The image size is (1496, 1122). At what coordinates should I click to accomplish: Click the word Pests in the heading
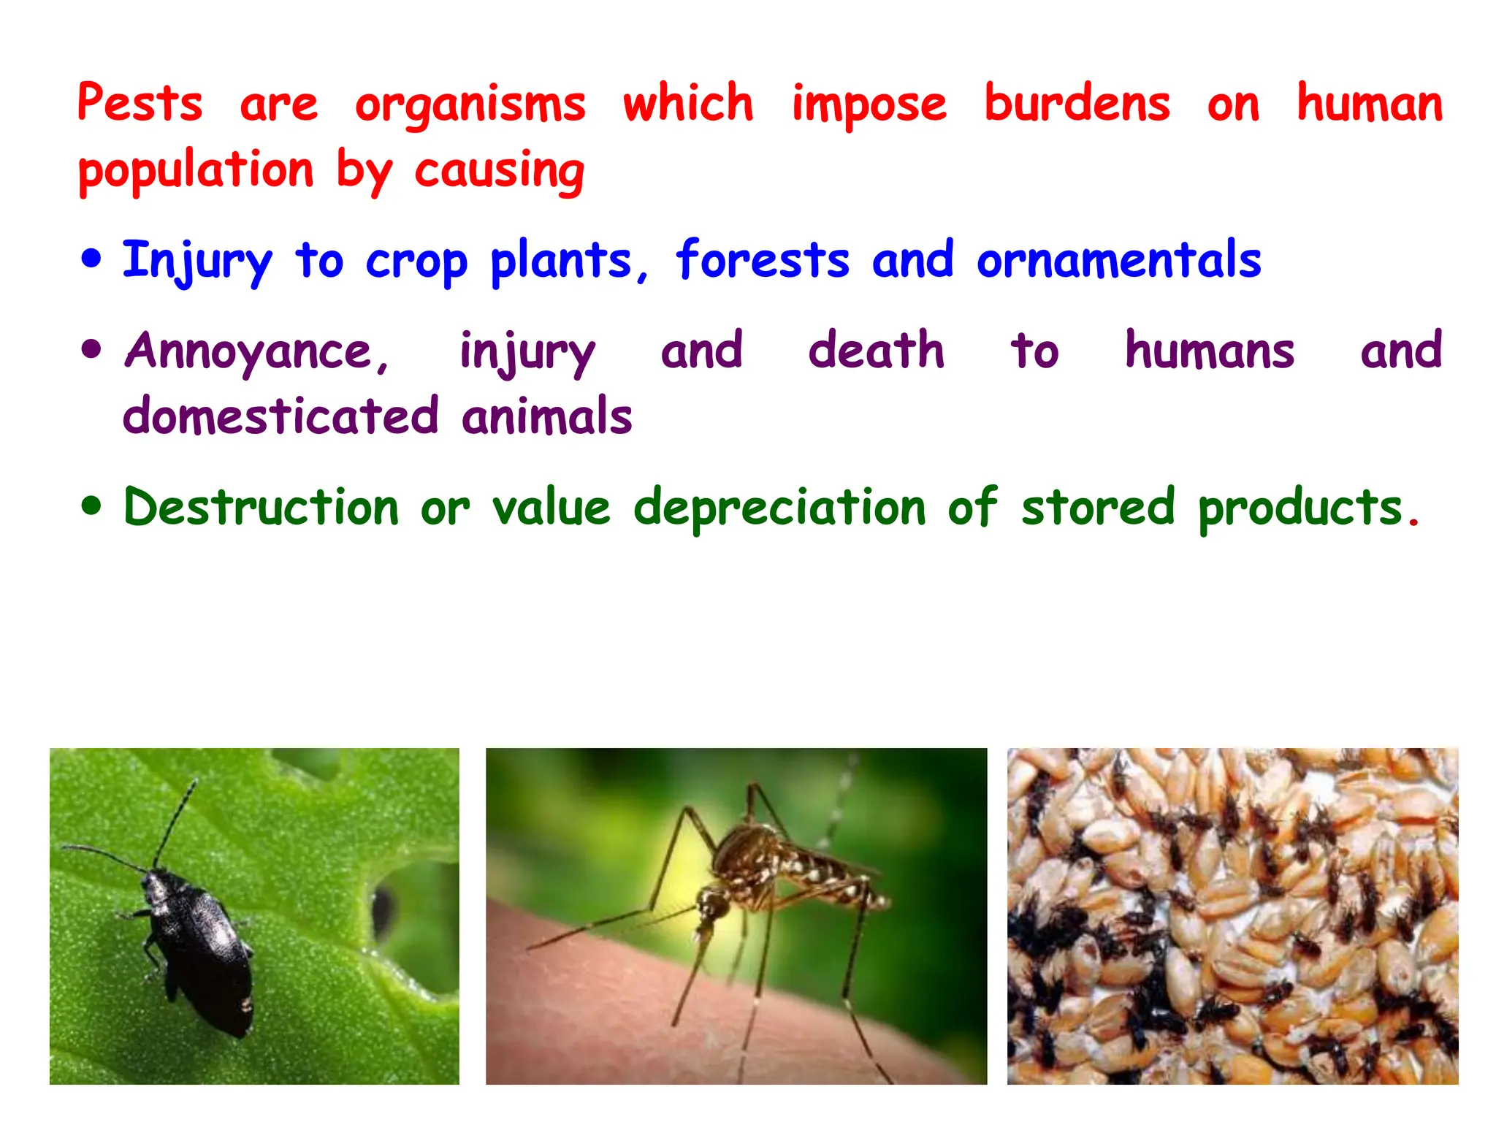coord(140,104)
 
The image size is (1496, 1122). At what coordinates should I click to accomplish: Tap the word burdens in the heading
coord(1077,104)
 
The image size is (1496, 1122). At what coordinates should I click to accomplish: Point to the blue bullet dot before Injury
coord(91,259)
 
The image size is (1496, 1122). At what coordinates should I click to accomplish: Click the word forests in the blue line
coord(763,260)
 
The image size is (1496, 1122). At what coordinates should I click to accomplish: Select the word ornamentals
coord(1118,260)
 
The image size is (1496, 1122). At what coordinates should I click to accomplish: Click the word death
coord(876,351)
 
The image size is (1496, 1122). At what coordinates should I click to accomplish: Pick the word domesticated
coord(280,416)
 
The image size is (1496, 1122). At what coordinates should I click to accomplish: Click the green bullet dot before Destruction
coord(91,506)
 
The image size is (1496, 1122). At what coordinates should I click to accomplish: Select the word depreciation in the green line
coord(779,508)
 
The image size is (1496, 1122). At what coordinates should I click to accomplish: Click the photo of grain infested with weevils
coord(1232,916)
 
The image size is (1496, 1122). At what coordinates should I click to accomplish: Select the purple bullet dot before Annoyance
coord(91,350)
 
